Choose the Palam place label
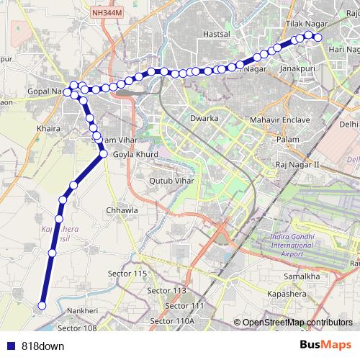coord(288,138)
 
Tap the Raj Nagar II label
coord(297,165)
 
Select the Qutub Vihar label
coord(171,181)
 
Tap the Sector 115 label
coord(127,274)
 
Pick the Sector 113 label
coord(166,290)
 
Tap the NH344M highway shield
coord(108,12)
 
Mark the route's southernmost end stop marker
coord(41,306)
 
